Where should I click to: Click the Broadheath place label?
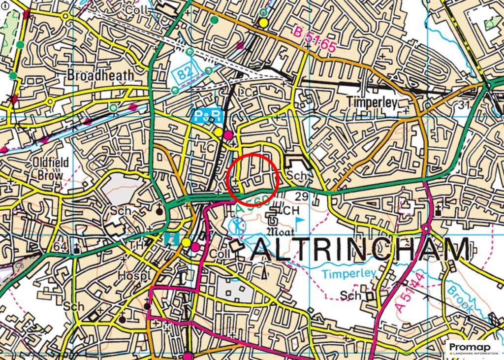(100, 75)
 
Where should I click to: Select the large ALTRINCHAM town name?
(360, 250)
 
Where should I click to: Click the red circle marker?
(253, 178)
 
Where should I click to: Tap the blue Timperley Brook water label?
(349, 273)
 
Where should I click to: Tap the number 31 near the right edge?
(461, 105)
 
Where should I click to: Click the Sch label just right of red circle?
(296, 176)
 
